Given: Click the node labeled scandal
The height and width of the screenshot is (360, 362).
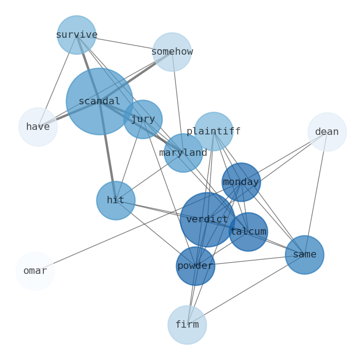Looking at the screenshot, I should tap(99, 101).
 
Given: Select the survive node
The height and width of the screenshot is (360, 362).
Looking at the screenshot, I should tap(77, 35).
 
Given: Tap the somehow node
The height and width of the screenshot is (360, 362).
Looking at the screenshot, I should tap(172, 52).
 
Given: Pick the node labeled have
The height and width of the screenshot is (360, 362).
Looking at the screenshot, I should tap(38, 127).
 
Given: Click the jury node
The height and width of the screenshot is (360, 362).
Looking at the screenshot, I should tap(143, 119).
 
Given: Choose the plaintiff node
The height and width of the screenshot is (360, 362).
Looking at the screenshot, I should tap(213, 131).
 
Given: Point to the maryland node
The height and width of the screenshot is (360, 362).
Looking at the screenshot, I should tap(183, 153).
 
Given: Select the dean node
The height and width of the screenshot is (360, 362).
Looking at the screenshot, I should tap(327, 132).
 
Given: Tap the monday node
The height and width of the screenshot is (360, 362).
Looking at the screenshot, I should tap(241, 182).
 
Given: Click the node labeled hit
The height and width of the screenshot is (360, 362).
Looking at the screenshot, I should tap(116, 201).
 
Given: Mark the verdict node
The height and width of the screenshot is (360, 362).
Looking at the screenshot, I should tap(207, 220).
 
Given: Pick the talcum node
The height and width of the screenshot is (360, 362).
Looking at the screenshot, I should tap(248, 232).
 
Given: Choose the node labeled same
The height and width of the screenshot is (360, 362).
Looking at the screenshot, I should tap(305, 255).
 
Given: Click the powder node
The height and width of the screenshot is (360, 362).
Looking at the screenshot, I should tap(196, 266).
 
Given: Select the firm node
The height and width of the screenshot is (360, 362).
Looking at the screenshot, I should tap(187, 325).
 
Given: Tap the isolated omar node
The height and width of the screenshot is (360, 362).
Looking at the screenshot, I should tap(35, 271).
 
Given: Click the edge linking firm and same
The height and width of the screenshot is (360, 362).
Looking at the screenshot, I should tap(246, 290).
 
